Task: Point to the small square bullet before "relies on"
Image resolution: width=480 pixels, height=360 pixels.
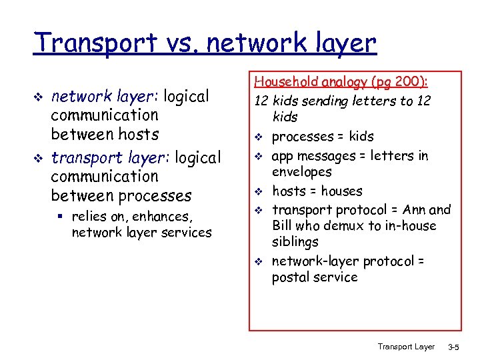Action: pyautogui.click(x=62, y=216)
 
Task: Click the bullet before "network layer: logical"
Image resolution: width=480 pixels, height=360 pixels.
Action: pyautogui.click(x=38, y=98)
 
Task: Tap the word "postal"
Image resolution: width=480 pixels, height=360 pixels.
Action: pyautogui.click(x=291, y=277)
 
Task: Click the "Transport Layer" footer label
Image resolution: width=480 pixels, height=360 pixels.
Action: pyautogui.click(x=405, y=347)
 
